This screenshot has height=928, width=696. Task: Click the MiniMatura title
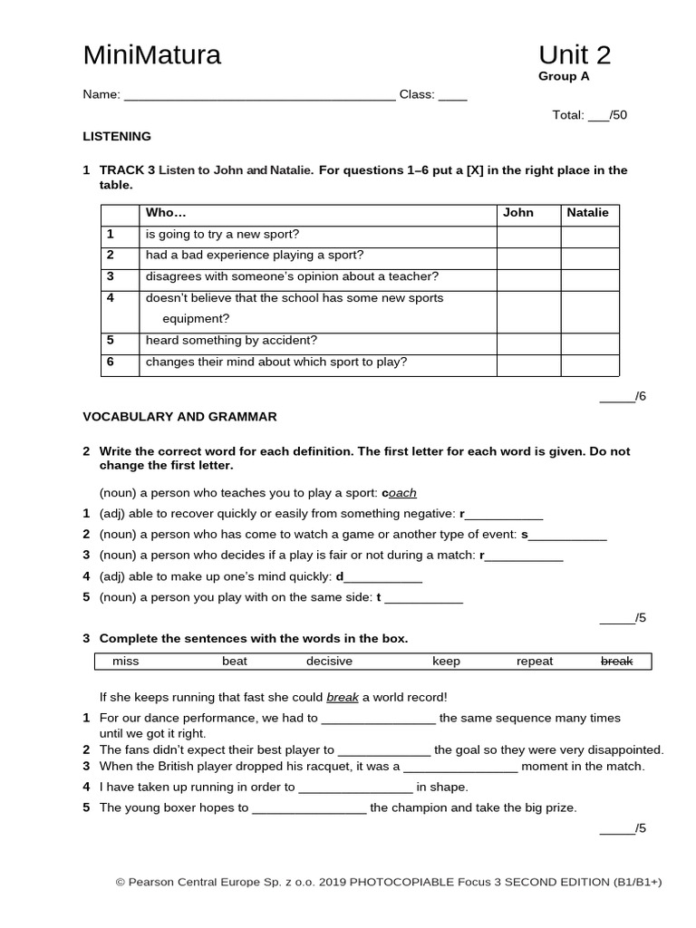(x=151, y=55)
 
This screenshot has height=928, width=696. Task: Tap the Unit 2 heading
(x=574, y=55)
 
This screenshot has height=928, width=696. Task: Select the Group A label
(x=564, y=77)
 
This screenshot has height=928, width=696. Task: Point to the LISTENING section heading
(x=117, y=136)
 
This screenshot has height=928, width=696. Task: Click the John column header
(x=518, y=213)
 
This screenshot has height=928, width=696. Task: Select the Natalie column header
(x=587, y=213)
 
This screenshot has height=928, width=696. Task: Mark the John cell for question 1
(x=528, y=237)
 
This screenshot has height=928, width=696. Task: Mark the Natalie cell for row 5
(x=590, y=343)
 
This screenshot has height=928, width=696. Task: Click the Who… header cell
(x=166, y=213)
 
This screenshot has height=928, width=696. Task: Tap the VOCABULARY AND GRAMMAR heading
(x=179, y=417)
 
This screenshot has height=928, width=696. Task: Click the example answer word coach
(x=401, y=493)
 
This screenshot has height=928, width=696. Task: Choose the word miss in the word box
(x=125, y=662)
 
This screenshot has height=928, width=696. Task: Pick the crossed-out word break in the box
(x=616, y=662)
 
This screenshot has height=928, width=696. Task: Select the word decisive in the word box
(x=329, y=662)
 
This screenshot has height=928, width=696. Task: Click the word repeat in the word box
(x=534, y=662)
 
